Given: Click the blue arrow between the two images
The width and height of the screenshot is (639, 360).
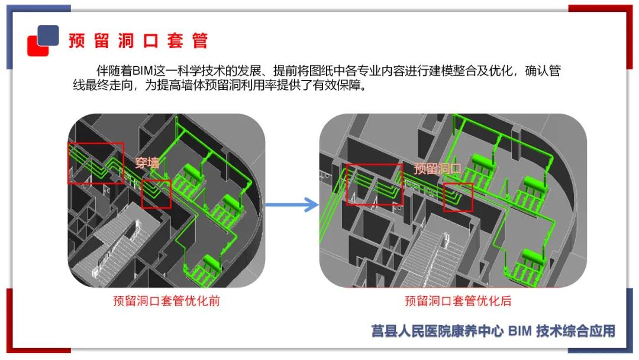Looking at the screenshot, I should (x=292, y=205).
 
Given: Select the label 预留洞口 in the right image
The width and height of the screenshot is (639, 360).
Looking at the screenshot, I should (x=437, y=169).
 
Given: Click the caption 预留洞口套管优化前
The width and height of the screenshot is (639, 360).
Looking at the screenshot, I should (x=166, y=301).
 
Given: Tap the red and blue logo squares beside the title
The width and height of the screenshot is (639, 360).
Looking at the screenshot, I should (x=43, y=40).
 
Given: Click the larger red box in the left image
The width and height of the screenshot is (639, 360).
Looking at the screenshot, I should (x=96, y=163).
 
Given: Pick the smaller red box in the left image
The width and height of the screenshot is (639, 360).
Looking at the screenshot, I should (x=156, y=194).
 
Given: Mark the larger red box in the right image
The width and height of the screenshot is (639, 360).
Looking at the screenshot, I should (x=373, y=184).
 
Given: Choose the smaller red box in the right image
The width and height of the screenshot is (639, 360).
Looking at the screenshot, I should (x=459, y=197).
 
